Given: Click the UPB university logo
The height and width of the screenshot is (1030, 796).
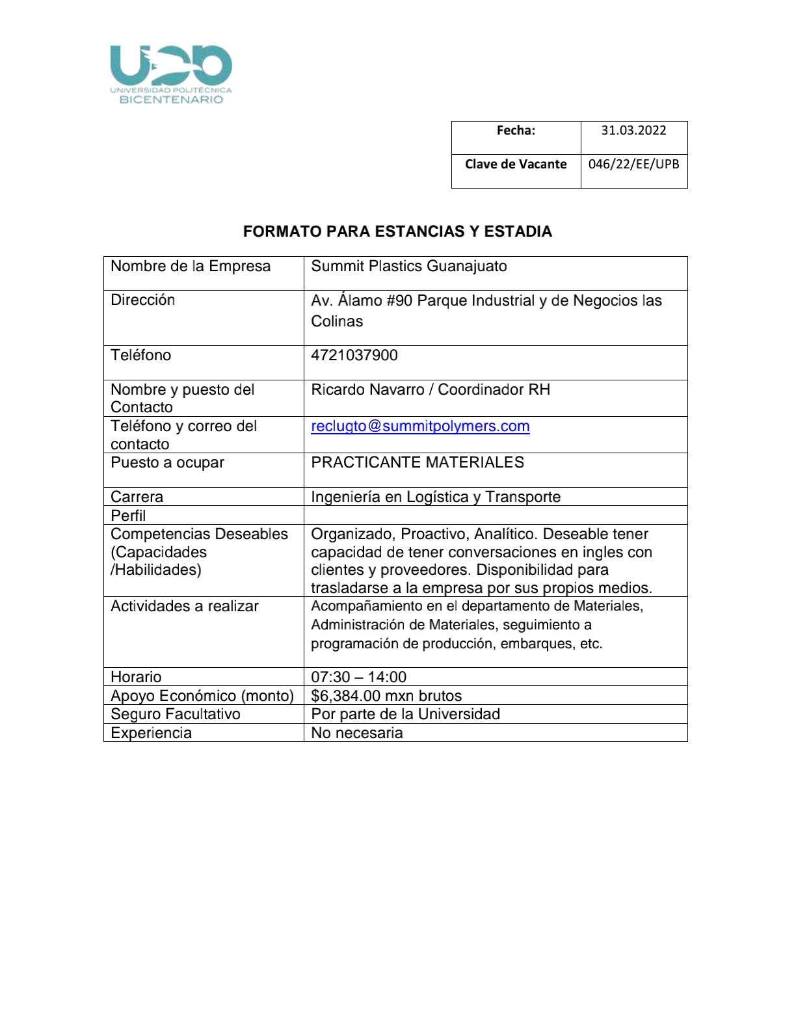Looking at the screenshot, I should (171, 74).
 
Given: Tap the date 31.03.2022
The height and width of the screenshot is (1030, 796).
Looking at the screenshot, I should (633, 130).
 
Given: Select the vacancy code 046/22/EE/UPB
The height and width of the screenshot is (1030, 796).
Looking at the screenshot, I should (633, 164).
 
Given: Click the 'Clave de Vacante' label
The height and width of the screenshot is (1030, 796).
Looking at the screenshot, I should (516, 164).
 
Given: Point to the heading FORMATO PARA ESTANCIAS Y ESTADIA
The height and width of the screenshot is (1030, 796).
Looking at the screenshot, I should (397, 231).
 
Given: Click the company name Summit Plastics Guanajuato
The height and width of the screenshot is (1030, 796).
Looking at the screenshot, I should (408, 267).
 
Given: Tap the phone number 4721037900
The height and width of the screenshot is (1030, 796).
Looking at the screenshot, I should (354, 355).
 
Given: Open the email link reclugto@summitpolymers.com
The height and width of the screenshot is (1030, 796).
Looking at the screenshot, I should (420, 427).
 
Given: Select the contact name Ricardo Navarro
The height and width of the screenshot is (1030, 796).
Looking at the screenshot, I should (368, 390).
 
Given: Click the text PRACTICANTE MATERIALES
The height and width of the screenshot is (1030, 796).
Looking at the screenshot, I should (418, 462).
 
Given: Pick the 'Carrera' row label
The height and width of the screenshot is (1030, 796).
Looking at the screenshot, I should (137, 497).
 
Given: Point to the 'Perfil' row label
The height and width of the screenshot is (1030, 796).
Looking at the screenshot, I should (128, 516).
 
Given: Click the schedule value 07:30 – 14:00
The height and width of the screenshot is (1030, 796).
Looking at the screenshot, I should (358, 677).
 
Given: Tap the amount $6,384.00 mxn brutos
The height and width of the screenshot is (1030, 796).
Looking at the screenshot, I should (386, 696).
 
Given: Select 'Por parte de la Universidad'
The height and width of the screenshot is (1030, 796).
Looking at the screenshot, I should (405, 714).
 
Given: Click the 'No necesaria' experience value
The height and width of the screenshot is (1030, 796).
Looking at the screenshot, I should (357, 733).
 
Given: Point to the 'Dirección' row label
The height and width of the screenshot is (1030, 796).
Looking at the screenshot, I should (143, 300).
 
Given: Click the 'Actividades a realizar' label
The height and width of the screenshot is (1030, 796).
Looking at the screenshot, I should (185, 606).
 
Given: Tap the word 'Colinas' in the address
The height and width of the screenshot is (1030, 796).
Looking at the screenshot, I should (337, 321).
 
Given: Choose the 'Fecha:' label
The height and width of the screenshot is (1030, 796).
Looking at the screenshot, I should (516, 130).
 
